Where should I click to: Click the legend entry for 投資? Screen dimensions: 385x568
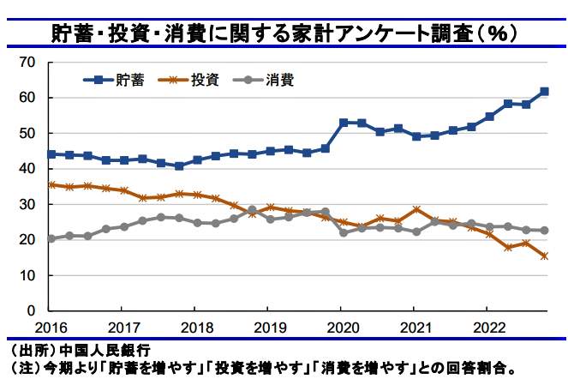(204, 80)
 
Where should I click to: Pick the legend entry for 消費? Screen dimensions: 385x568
(279, 80)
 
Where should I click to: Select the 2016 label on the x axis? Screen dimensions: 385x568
(51, 327)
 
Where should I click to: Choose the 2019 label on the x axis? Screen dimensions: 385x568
(269, 327)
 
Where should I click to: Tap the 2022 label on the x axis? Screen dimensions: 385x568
(487, 327)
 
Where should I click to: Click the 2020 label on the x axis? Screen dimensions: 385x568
(341, 327)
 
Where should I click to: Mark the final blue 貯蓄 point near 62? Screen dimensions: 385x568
(544, 92)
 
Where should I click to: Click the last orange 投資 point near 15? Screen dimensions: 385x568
(544, 256)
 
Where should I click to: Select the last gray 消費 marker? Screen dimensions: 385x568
(544, 231)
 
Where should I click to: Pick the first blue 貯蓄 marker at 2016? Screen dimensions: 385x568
(51, 154)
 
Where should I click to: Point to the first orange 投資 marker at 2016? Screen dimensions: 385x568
(51, 184)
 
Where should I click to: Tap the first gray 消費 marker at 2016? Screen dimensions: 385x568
(51, 238)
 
